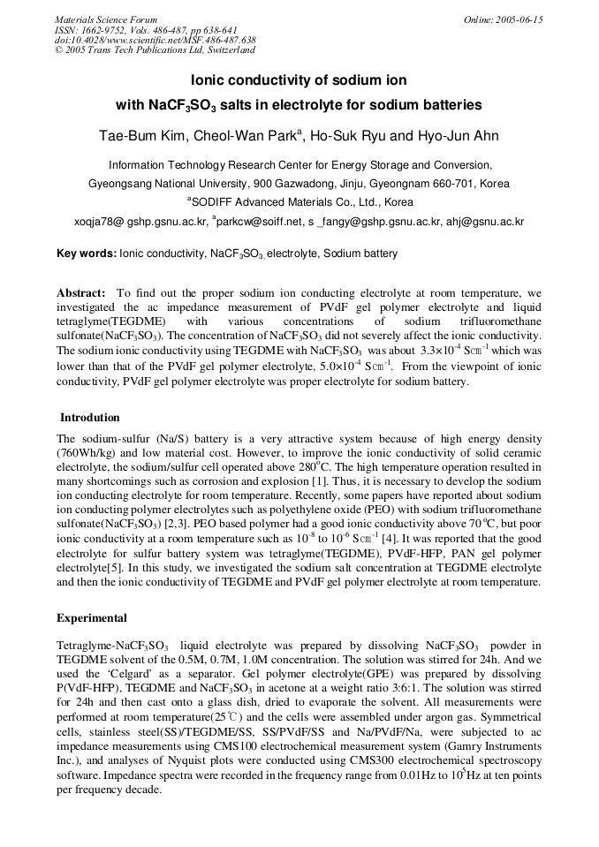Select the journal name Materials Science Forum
coord(106,19)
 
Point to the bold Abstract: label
coord(81,292)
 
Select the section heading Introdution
coord(90,418)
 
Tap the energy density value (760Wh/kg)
coord(88,453)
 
